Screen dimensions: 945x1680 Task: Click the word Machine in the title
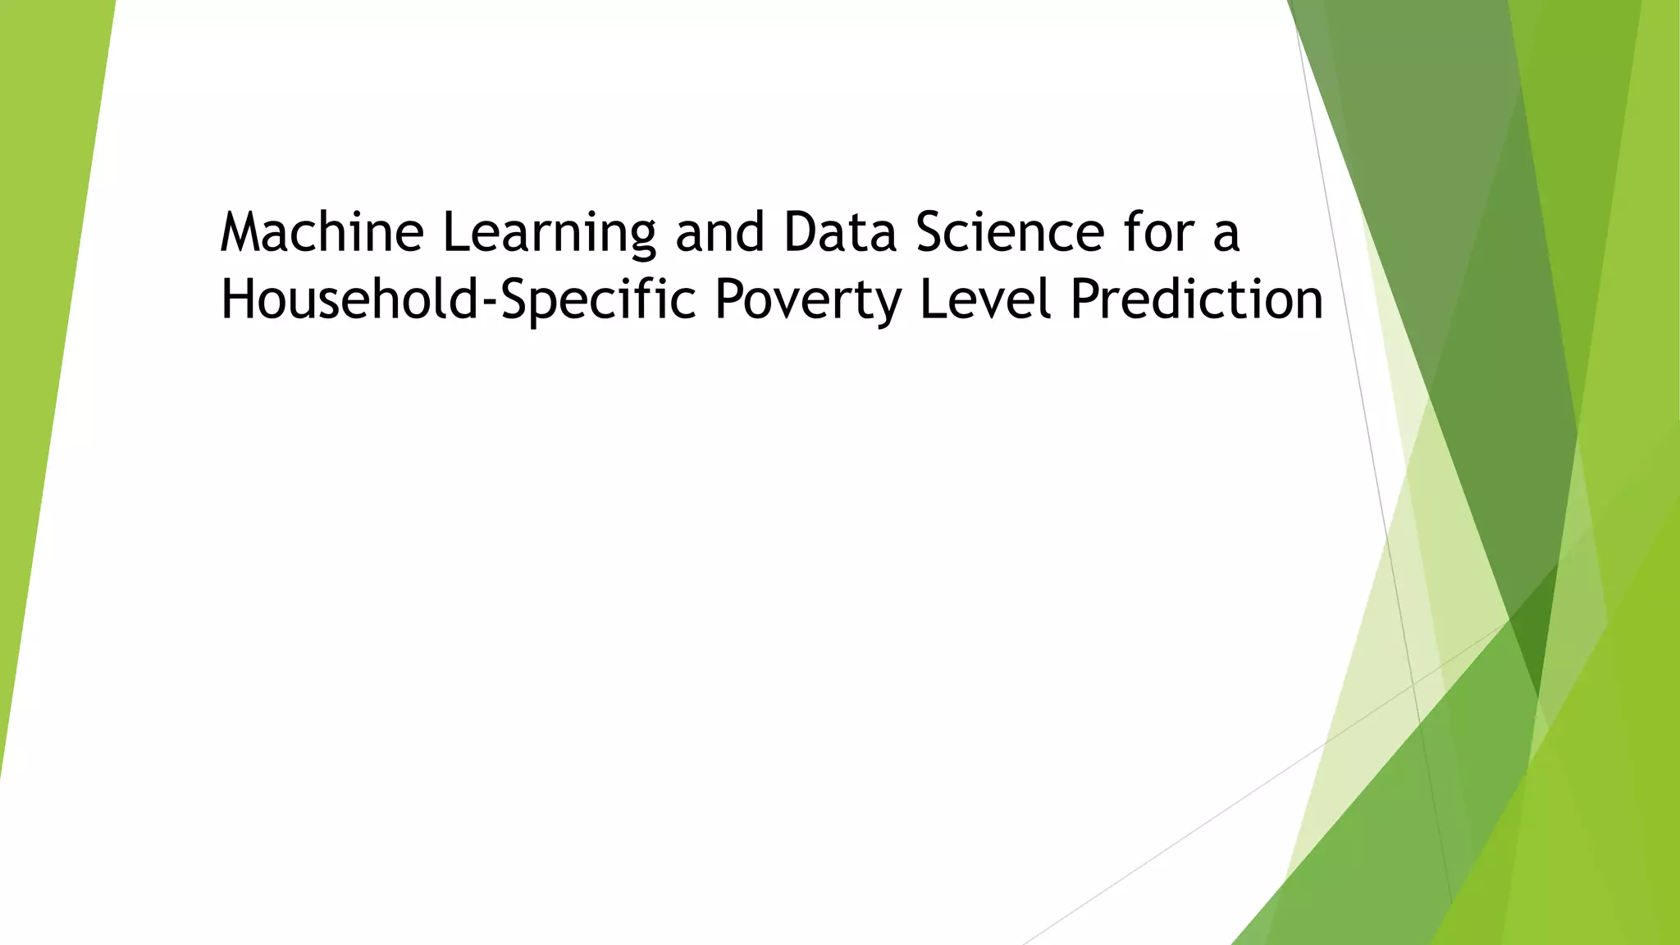tap(322, 232)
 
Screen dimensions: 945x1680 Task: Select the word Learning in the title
tap(549, 234)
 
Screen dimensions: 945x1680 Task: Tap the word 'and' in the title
tap(719, 232)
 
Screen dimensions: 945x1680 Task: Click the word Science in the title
tap(1010, 232)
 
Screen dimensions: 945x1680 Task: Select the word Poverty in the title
tap(808, 301)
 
